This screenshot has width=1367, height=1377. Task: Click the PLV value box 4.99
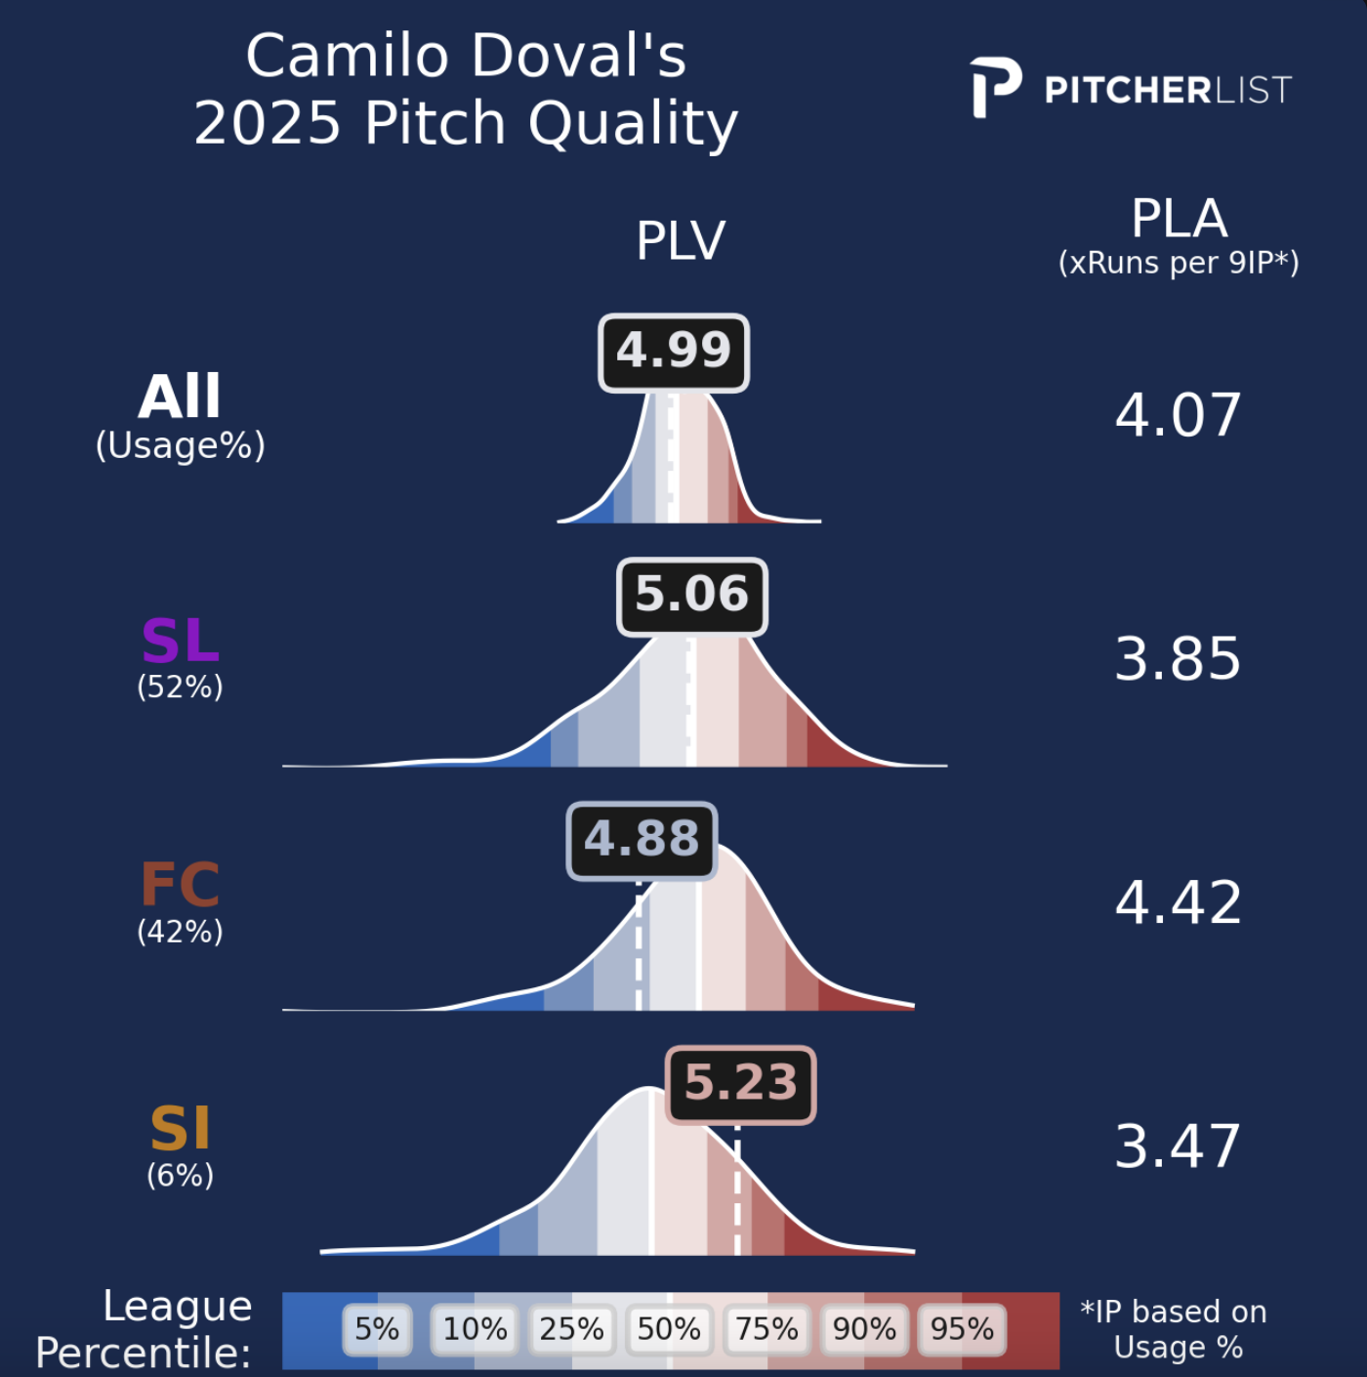click(674, 353)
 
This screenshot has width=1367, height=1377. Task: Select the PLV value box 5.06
click(692, 596)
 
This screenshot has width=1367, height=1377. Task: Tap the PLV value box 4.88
click(642, 840)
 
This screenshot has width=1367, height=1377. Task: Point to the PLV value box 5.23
click(740, 1084)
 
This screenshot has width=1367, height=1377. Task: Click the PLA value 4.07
click(1178, 415)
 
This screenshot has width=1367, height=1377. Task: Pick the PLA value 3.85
click(1178, 659)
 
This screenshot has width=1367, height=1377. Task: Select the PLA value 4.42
click(1178, 902)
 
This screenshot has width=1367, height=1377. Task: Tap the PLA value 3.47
click(1178, 1147)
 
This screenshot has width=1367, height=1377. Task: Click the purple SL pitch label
click(181, 642)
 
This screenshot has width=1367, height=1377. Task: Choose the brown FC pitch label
click(181, 886)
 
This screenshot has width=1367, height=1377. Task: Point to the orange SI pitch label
click(181, 1130)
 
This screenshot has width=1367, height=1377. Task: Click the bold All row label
click(181, 397)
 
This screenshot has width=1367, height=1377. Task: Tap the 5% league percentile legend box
click(377, 1329)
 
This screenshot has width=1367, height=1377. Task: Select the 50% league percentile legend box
click(669, 1329)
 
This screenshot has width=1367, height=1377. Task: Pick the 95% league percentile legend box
click(962, 1329)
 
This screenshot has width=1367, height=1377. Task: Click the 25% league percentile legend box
click(571, 1329)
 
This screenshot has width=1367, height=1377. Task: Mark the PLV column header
click(681, 241)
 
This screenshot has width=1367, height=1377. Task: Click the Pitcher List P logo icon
click(995, 88)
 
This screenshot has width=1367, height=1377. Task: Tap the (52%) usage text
click(181, 688)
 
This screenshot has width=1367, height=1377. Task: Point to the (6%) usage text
click(181, 1175)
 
